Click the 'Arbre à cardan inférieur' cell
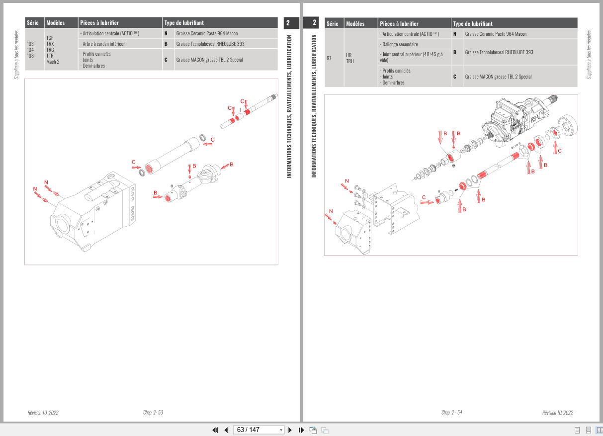pos(103,44)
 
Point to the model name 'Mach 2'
pos(53,62)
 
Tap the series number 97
pos(329,58)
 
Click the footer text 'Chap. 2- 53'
pos(153,413)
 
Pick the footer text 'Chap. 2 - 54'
pos(451,413)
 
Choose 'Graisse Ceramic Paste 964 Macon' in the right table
pos(495,34)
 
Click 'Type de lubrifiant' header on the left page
pos(184,23)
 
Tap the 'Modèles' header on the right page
pos(355,23)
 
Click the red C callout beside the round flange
pos(560,151)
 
